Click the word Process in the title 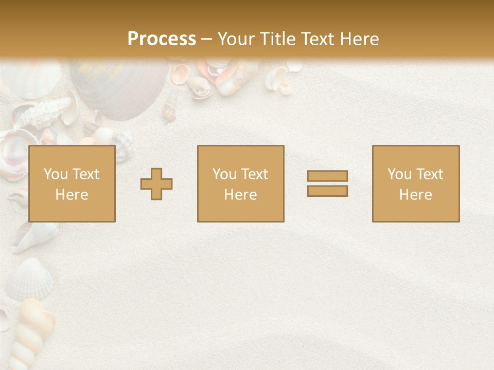162,39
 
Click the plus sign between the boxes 156,184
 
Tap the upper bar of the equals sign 327,176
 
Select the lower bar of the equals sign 327,191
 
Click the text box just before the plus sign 72,183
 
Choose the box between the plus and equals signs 240,183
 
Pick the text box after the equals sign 416,183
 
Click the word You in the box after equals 399,174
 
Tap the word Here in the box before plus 72,195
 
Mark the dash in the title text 206,39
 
